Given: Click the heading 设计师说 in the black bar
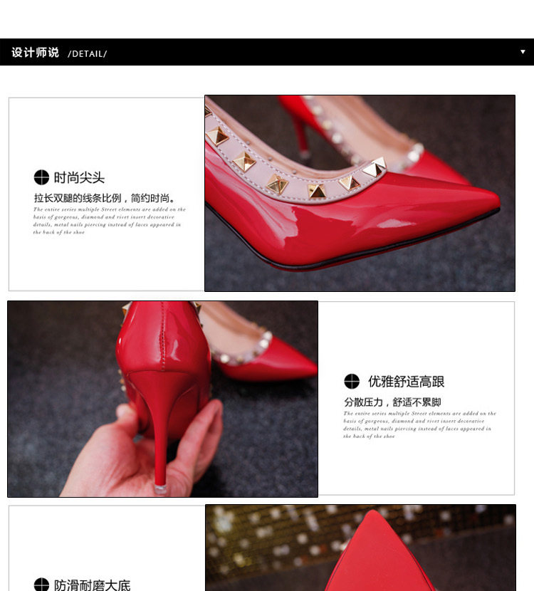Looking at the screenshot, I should (35, 53).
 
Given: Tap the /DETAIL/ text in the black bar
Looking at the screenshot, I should (87, 54).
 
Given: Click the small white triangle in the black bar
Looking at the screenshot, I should (523, 52).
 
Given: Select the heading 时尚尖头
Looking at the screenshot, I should (79, 178).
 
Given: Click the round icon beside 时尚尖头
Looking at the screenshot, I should (41, 178).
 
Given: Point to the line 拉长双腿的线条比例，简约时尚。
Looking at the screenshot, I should (105, 198).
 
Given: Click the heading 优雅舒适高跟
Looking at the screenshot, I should (406, 382).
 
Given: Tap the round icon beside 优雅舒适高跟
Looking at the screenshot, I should (352, 382).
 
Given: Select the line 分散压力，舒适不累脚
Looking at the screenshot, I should (392, 402).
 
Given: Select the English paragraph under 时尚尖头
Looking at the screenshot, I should (109, 221).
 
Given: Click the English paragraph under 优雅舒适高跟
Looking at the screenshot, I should (419, 424).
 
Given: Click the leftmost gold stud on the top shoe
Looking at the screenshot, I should (216, 137).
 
